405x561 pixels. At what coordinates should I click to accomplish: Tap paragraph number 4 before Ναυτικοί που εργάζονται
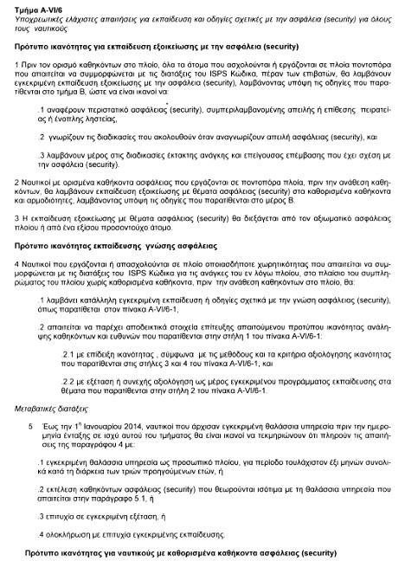coord(18,262)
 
